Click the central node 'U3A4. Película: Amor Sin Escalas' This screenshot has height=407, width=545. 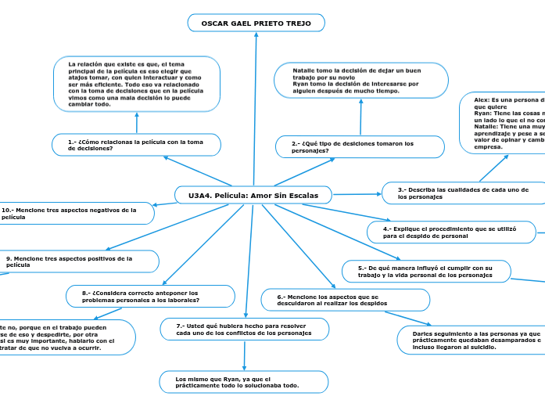click(253, 194)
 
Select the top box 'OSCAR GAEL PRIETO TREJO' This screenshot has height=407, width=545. click(256, 23)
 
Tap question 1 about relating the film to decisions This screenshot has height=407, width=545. click(136, 145)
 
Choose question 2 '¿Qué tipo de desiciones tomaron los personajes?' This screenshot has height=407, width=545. click(360, 146)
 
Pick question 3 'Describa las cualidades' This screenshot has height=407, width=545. click(463, 193)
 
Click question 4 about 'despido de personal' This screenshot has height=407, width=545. click(450, 232)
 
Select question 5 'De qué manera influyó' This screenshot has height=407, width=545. click(426, 271)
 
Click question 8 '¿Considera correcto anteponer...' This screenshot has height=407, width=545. click(151, 296)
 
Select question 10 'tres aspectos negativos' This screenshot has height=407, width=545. click(76, 213)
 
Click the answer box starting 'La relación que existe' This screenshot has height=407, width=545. click(137, 84)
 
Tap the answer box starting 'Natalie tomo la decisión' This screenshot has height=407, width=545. click(360, 81)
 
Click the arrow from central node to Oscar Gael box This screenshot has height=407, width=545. click(255, 110)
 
